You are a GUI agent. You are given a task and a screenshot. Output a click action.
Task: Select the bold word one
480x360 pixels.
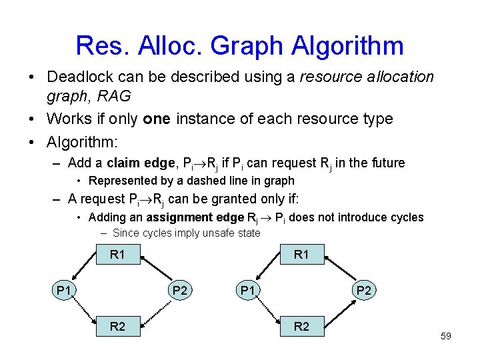(157, 119)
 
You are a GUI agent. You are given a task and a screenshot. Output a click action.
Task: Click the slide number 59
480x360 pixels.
(445, 336)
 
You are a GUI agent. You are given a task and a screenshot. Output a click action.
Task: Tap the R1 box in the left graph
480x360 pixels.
(117, 253)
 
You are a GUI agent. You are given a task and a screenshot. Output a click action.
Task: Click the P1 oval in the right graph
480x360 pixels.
(248, 290)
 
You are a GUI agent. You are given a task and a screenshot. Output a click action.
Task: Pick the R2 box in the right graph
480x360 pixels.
(301, 327)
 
